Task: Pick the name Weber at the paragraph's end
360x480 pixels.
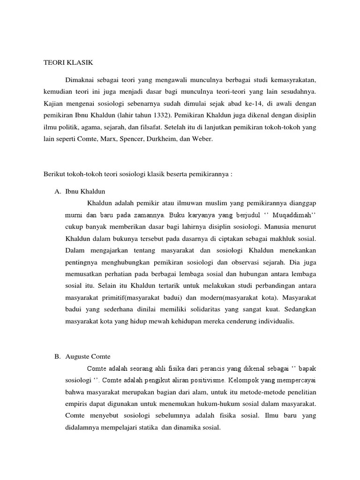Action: pyautogui.click(x=202, y=140)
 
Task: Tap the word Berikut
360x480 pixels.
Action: pyautogui.click(x=53, y=174)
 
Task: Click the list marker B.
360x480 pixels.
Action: pyautogui.click(x=57, y=357)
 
